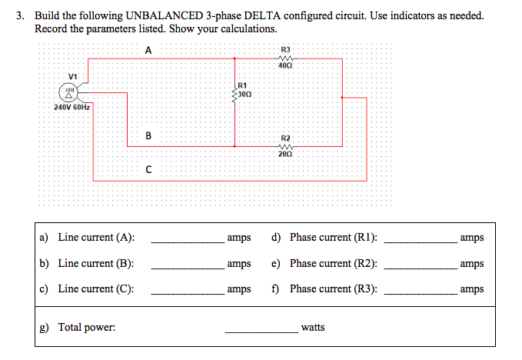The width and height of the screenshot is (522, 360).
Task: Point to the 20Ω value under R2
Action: click(x=286, y=155)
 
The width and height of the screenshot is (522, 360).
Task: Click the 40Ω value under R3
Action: click(x=286, y=67)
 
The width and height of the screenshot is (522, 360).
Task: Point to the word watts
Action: click(x=313, y=328)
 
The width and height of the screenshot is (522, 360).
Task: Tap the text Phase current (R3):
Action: click(x=333, y=289)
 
